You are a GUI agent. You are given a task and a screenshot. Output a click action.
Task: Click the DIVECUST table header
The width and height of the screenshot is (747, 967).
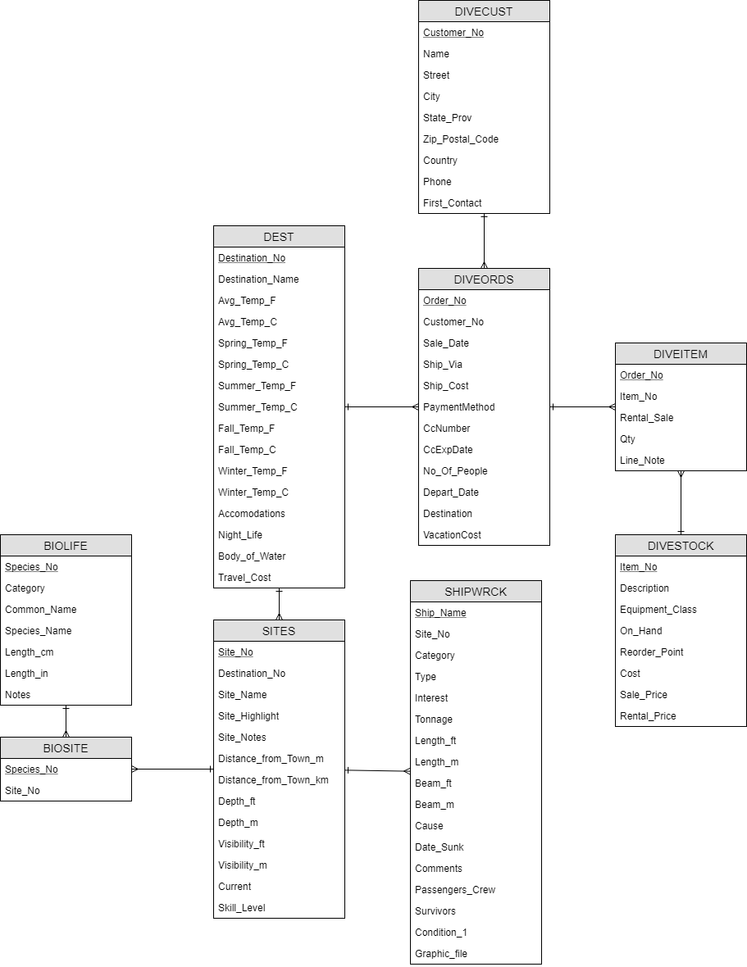(484, 11)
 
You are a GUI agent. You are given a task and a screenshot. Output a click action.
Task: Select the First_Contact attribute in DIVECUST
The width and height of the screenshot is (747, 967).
(453, 203)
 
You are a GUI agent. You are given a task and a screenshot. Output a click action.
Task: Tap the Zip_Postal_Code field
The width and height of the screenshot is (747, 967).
(461, 139)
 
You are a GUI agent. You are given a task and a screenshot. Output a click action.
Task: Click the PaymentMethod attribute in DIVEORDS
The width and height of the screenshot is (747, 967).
(459, 407)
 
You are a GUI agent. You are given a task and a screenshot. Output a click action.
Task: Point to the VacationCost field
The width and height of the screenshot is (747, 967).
(453, 535)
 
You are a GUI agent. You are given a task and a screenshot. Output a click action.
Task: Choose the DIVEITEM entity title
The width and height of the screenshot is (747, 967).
(681, 354)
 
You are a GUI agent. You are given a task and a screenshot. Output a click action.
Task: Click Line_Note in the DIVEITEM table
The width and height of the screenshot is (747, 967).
(642, 461)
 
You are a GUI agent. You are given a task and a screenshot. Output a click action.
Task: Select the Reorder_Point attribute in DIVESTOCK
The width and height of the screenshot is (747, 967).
(652, 652)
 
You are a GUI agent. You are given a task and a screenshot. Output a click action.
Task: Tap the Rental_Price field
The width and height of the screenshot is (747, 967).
(648, 716)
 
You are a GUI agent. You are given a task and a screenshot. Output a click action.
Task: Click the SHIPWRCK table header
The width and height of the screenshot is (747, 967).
(476, 592)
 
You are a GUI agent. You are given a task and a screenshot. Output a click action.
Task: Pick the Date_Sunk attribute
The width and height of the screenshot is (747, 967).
(440, 847)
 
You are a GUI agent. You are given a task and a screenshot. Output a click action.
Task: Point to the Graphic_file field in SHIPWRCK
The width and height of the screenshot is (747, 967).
(441, 954)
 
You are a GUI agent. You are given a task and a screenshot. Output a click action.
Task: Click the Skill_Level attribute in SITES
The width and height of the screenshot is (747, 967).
(242, 908)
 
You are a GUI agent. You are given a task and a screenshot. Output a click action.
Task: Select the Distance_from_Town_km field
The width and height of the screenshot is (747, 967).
(273, 780)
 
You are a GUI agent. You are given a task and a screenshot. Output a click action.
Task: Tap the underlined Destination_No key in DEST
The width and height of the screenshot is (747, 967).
(252, 258)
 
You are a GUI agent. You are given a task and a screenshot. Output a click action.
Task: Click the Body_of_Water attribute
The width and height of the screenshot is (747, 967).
(252, 556)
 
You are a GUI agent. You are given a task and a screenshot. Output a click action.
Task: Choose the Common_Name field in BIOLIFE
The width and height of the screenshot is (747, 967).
(41, 610)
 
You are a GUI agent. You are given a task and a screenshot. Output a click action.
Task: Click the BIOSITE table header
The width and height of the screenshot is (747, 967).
(66, 748)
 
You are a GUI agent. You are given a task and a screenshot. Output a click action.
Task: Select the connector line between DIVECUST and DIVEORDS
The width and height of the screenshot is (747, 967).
(484, 241)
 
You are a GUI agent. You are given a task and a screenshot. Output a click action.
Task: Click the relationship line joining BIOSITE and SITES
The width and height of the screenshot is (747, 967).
(172, 770)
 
